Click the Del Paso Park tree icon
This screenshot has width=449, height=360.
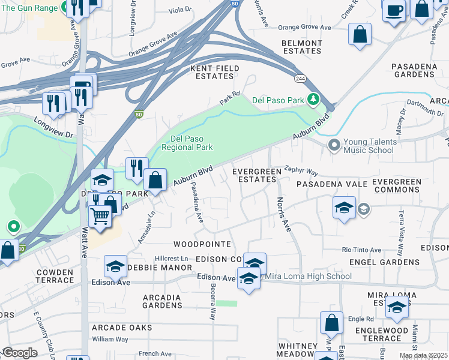coord(313,100)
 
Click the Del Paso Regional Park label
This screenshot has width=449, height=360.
coord(188,143)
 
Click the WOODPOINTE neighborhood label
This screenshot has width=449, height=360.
coord(202,244)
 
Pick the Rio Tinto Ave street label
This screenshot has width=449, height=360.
coord(361,250)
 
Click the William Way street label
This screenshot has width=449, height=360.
coord(110,340)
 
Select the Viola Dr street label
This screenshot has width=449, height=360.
coord(180,10)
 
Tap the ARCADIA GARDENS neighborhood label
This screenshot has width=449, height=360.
coord(162,301)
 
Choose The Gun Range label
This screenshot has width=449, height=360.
coord(29,8)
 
